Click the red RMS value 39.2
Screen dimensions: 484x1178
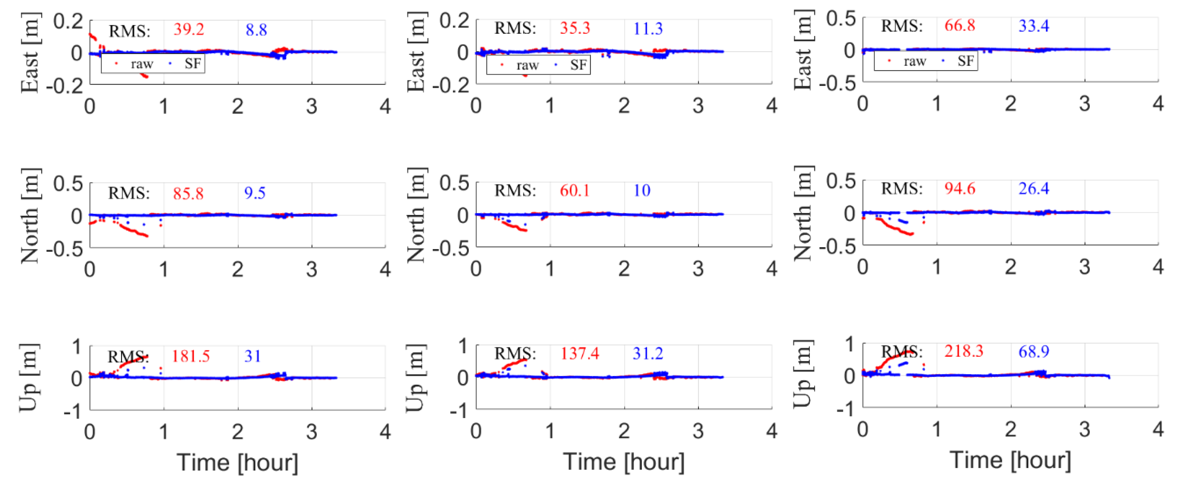coord(189,29)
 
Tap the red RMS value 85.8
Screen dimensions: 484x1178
coord(188,193)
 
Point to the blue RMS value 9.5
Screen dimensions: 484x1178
coord(255,193)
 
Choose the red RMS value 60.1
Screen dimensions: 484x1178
coord(575,190)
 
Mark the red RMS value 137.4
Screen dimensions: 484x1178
coord(580,353)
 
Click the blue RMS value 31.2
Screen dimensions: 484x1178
coord(647,353)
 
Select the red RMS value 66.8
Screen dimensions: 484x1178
coord(960,26)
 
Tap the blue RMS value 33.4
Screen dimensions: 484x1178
coord(1034,26)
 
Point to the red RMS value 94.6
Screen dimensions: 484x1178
coord(960,189)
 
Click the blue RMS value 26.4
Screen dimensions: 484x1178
coord(1034,189)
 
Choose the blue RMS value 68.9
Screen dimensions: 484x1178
coord(1034,352)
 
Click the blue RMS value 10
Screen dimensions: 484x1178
coord(642,190)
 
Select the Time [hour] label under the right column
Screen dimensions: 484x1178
coord(1010,460)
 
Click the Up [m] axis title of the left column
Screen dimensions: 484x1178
coord(29,378)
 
